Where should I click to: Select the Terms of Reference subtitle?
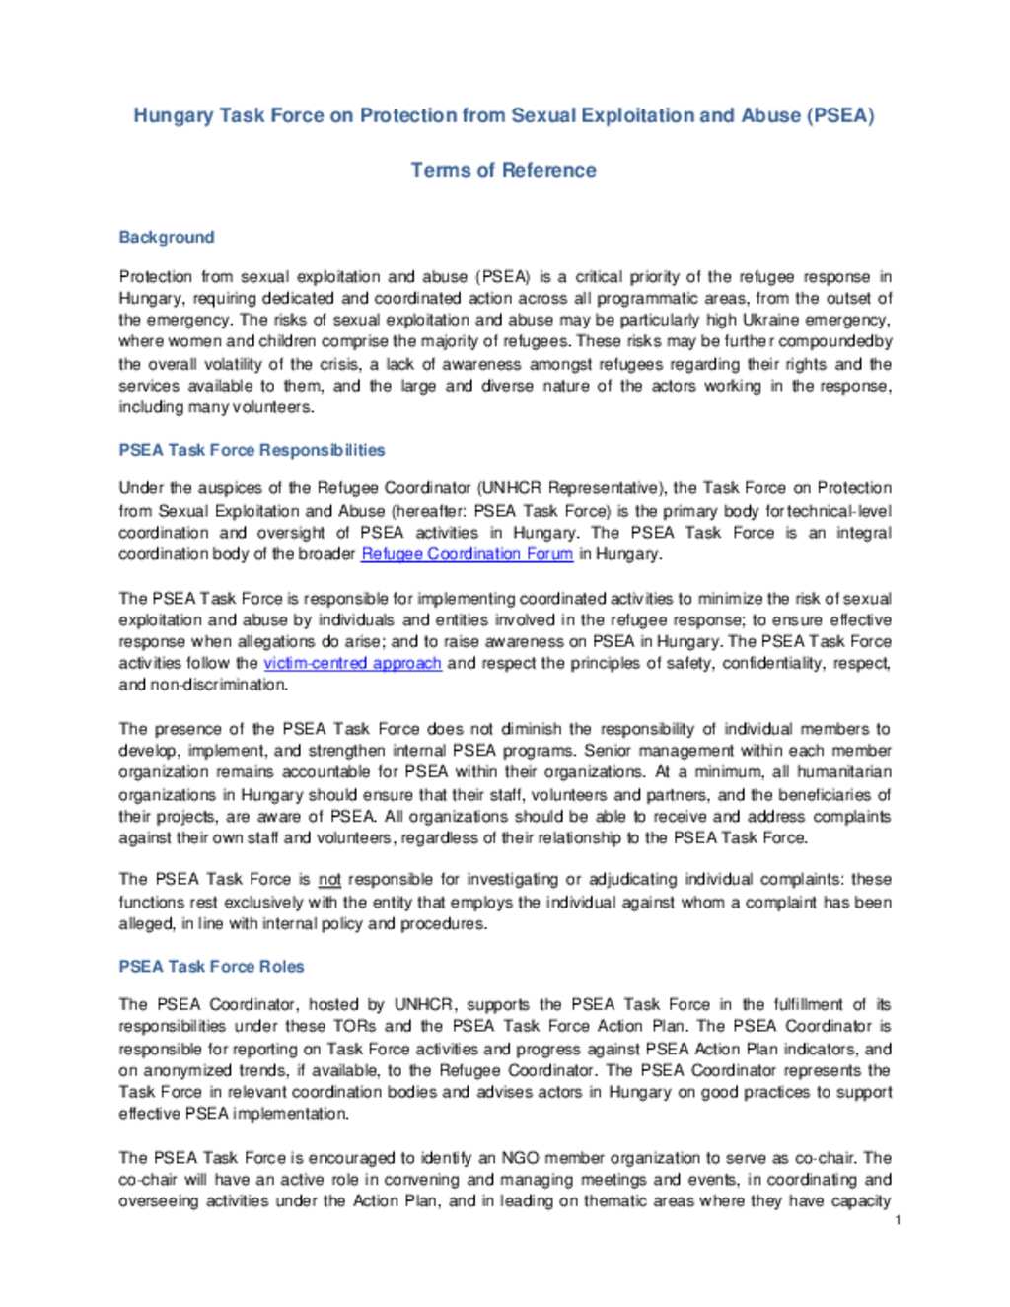point(503,170)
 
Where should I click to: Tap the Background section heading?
point(166,237)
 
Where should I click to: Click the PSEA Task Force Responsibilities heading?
point(252,450)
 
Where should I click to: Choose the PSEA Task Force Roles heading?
point(211,966)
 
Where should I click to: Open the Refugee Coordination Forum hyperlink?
point(467,554)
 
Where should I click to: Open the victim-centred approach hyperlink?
point(352,663)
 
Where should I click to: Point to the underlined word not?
point(329,879)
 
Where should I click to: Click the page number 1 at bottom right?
point(898,1220)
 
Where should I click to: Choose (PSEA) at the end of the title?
point(840,115)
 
